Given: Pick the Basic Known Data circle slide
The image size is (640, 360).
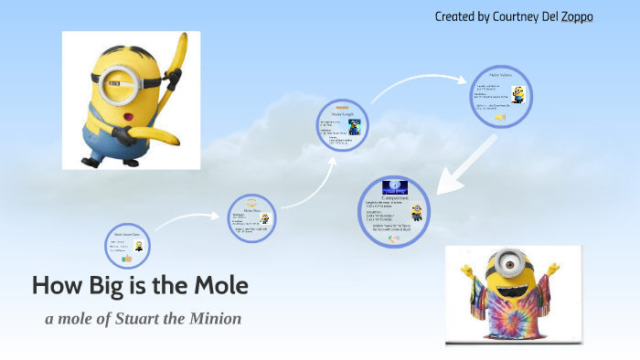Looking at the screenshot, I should [x=128, y=248].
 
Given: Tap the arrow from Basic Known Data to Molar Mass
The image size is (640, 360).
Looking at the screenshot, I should [x=188, y=220].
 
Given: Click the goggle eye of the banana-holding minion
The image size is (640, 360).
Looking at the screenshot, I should [x=123, y=76].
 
